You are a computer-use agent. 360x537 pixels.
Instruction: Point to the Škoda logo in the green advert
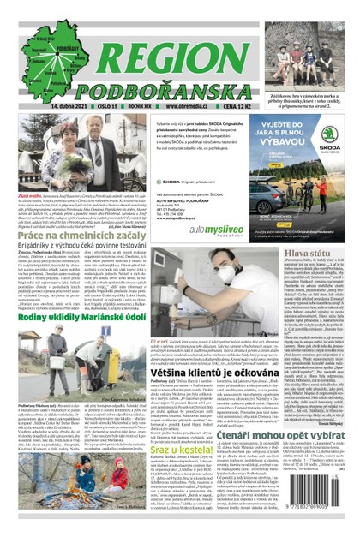click(x=329, y=135)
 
